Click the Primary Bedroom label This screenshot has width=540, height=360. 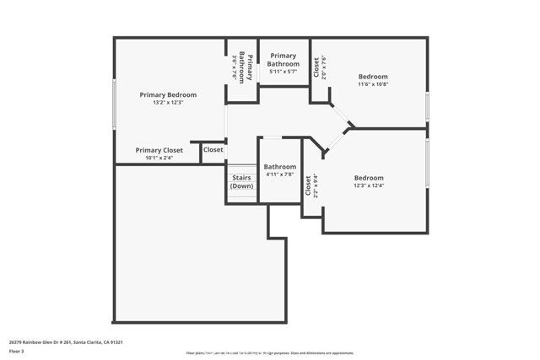[x=167, y=94]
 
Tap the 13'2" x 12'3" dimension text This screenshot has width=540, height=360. [x=167, y=102]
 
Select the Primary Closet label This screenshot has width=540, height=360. [x=159, y=150]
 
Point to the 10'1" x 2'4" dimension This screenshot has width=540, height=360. [x=159, y=157]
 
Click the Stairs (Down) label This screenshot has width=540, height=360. [x=241, y=181]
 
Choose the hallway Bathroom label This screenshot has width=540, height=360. [x=279, y=167]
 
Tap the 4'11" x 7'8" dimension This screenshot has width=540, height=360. [x=279, y=175]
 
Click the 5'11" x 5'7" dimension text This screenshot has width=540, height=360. [x=283, y=72]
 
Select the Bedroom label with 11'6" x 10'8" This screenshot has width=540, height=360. [x=372, y=76]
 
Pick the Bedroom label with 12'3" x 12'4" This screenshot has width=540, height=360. [x=369, y=178]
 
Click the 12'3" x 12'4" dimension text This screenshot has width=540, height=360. [x=369, y=185]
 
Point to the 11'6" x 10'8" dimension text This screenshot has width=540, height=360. [x=372, y=83]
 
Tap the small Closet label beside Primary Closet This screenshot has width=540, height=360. [x=213, y=150]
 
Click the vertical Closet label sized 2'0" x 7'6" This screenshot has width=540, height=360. [x=316, y=67]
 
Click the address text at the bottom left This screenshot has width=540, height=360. [x=66, y=342]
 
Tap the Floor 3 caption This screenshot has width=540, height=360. [x=16, y=351]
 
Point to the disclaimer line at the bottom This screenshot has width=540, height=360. [x=270, y=352]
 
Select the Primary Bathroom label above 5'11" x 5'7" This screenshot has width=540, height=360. [x=283, y=60]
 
